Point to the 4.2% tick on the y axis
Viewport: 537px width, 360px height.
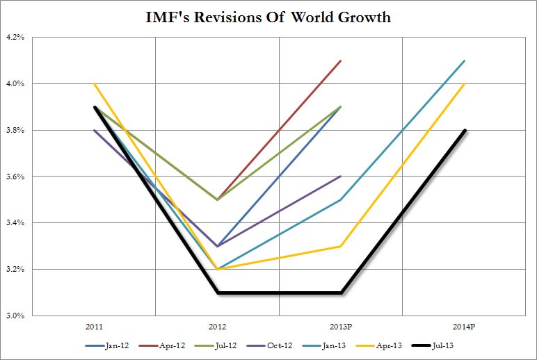click(x=15, y=38)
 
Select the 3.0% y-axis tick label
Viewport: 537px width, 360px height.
click(x=15, y=316)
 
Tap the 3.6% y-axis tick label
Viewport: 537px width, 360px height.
click(x=15, y=177)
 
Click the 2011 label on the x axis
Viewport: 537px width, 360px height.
click(x=95, y=325)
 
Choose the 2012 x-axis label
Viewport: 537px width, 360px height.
click(x=217, y=325)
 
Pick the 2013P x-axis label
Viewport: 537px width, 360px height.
click(x=340, y=325)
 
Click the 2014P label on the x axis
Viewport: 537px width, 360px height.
click(x=464, y=325)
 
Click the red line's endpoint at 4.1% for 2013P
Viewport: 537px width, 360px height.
click(x=341, y=61)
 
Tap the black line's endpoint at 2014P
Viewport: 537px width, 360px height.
click(x=464, y=131)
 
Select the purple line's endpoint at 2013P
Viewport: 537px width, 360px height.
click(x=341, y=177)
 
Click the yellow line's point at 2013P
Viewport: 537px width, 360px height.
click(x=341, y=246)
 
